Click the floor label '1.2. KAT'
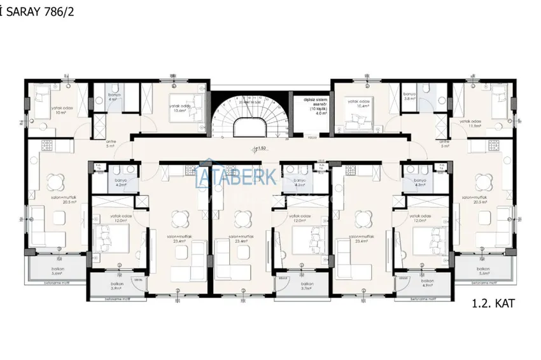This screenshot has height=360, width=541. point(493,303)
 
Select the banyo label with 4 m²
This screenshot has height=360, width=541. point(113,99)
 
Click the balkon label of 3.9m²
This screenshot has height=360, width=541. point(116,287)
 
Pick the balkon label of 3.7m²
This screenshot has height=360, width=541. point(307,287)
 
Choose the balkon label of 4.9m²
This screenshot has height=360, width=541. point(427,287)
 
